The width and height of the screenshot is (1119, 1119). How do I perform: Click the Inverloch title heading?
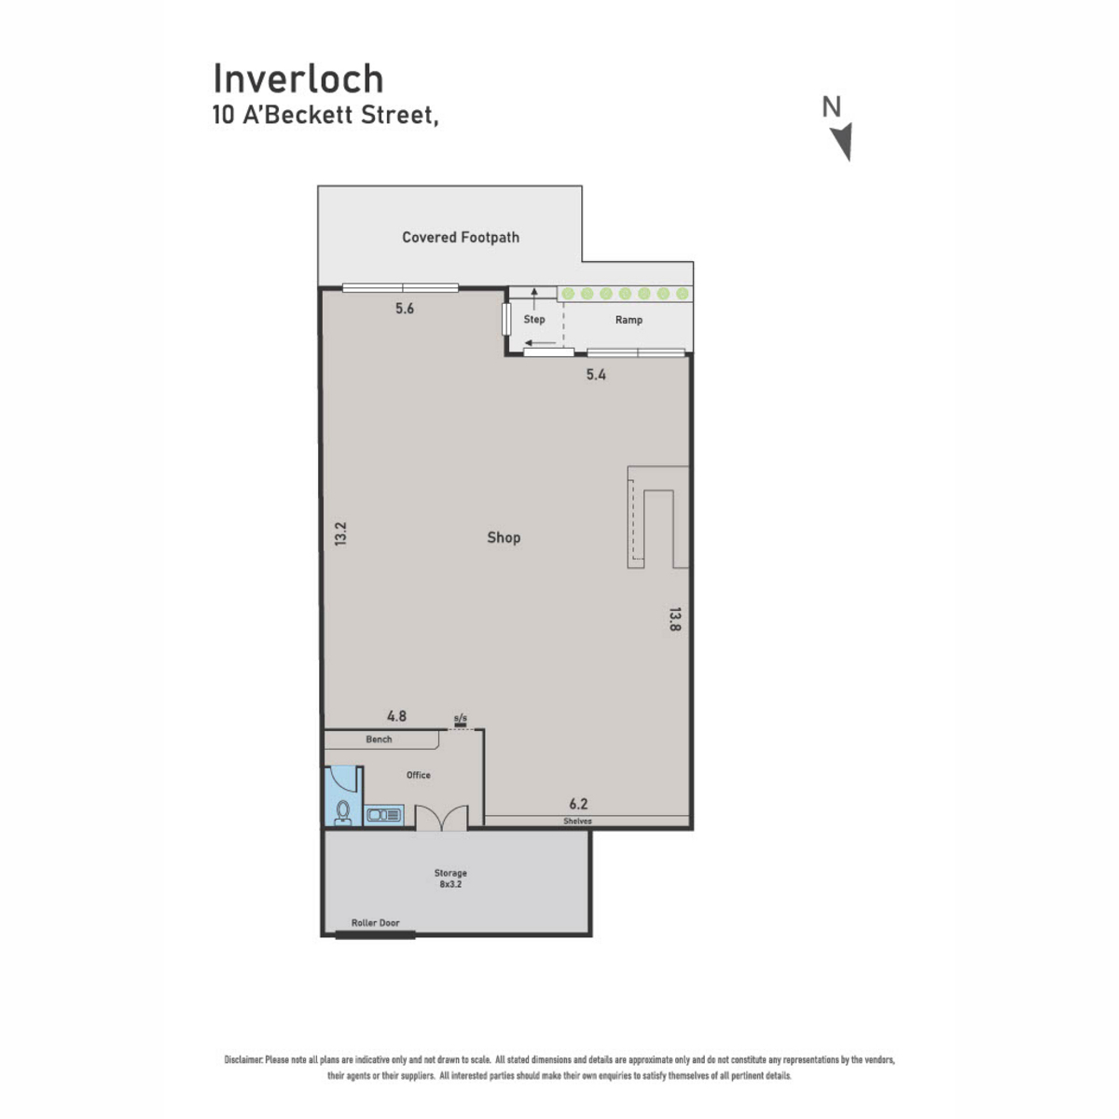298,79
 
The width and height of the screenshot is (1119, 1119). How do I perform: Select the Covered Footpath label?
461,238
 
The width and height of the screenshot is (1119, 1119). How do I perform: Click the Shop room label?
504,537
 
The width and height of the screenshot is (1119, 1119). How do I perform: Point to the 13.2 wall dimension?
341,533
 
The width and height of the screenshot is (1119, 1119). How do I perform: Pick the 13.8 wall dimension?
673,619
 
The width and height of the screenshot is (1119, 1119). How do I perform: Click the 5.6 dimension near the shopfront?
405,309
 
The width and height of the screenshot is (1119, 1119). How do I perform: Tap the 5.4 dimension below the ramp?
596,375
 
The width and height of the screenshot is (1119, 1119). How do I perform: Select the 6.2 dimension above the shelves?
578,804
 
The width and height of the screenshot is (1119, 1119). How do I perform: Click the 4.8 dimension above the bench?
396,716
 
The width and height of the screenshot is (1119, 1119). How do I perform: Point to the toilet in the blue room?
343,812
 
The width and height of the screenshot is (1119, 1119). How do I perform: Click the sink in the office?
384,815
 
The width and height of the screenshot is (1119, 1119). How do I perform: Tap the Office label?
418,775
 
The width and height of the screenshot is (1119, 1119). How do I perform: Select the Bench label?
379,739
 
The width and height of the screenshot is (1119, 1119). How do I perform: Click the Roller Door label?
375,923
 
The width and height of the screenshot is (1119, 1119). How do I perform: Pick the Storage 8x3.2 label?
450,878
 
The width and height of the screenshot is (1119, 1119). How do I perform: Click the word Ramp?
629,320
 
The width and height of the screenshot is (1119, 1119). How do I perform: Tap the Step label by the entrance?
534,320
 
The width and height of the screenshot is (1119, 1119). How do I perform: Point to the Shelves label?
577,822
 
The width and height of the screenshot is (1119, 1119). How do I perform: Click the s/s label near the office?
460,718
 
